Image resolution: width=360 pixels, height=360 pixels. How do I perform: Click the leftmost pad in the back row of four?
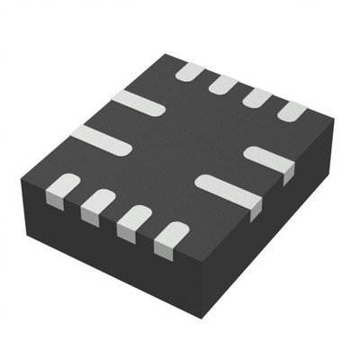[190, 71]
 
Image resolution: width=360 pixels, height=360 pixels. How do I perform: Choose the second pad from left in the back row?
[223, 85]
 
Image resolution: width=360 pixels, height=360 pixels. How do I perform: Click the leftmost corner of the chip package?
[21, 184]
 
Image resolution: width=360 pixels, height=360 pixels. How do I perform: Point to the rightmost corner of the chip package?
[334, 121]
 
